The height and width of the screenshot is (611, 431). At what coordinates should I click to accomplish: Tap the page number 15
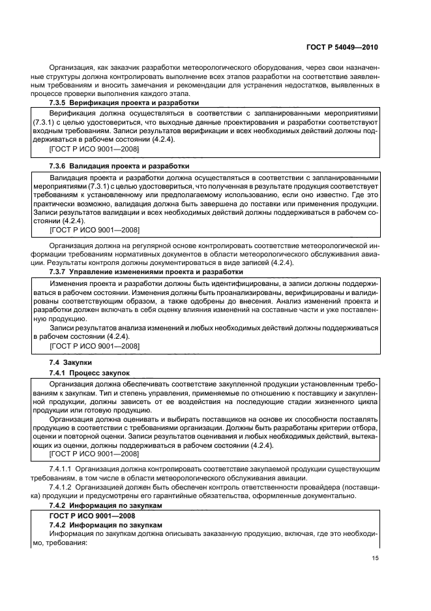coord(374,558)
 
